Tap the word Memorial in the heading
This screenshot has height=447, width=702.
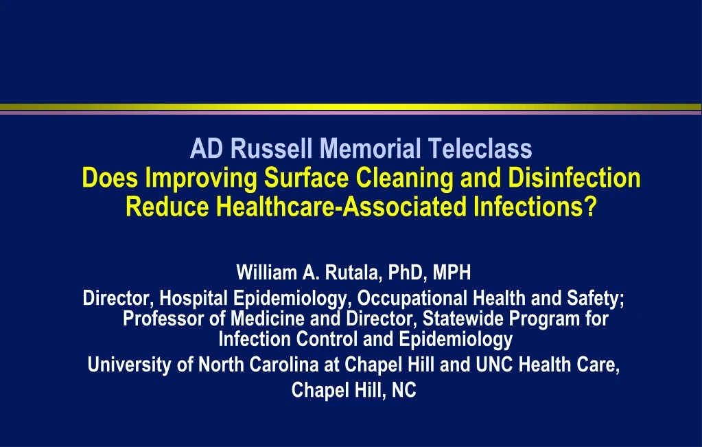[368, 148]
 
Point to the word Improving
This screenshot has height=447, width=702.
[203, 179]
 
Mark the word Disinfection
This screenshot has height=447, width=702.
[574, 179]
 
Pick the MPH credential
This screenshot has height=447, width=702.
[452, 273]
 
